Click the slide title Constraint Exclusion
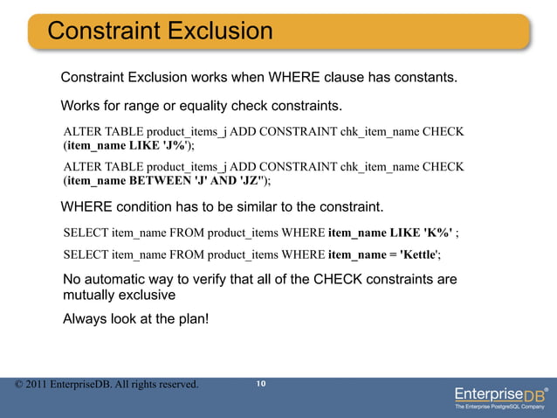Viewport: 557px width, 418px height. click(x=160, y=31)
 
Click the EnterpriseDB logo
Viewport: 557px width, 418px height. click(x=500, y=392)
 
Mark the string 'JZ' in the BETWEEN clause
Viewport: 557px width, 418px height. click(x=254, y=180)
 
